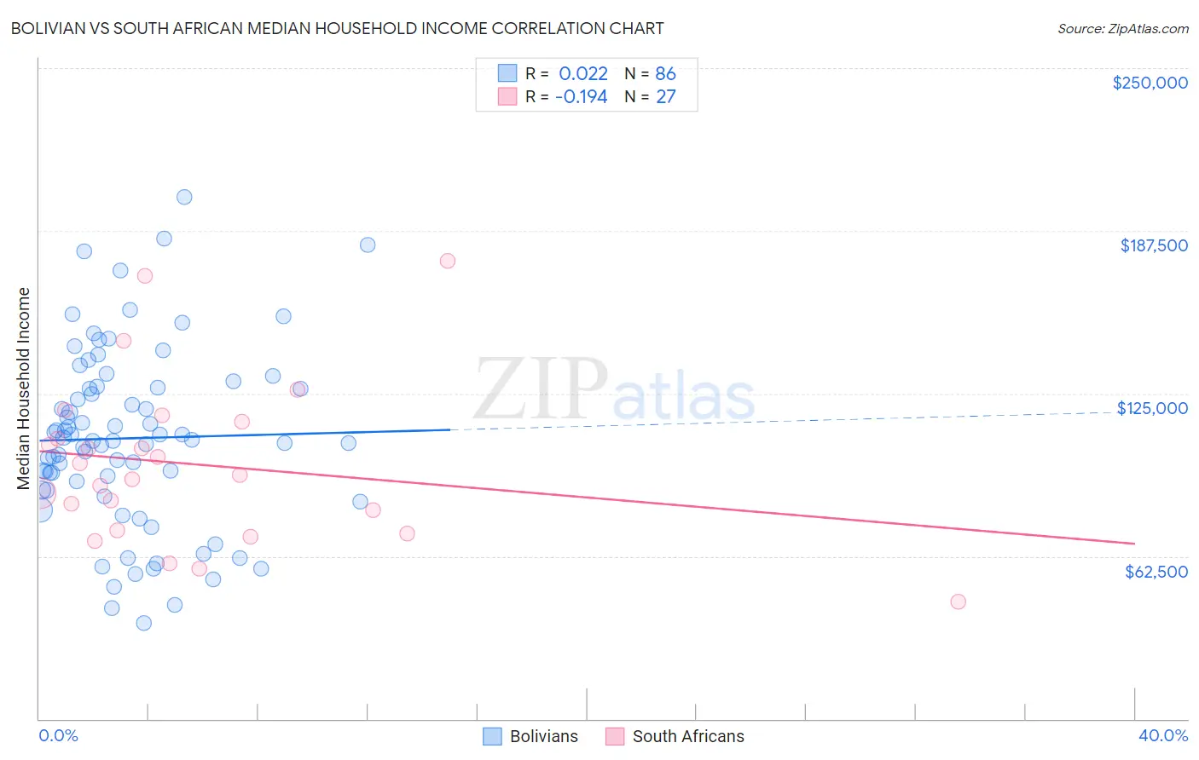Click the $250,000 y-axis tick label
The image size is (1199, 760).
tap(1150, 83)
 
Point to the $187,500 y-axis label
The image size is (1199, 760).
tap(1153, 245)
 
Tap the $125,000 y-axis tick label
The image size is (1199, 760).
tap(1152, 408)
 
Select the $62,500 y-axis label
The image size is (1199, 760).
tap(1156, 572)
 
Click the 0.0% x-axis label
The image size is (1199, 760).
tap(58, 735)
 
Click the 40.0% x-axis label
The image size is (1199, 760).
tap(1162, 735)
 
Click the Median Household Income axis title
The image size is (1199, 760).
tap(24, 389)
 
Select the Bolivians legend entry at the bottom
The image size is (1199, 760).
tap(530, 736)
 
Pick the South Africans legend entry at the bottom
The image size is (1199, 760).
tap(675, 736)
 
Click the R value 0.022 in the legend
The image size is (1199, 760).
tap(583, 73)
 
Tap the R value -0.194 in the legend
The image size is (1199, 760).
tap(581, 96)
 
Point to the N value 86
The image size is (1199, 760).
tap(665, 73)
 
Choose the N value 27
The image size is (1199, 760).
tap(665, 96)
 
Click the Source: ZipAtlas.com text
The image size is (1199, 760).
tap(1122, 29)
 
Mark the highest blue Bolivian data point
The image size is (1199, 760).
tap(184, 197)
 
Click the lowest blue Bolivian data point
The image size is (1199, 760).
tap(144, 623)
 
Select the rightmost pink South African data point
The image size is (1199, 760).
tap(958, 602)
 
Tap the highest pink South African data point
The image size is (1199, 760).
tap(448, 261)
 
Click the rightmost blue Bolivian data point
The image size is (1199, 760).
tap(368, 245)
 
